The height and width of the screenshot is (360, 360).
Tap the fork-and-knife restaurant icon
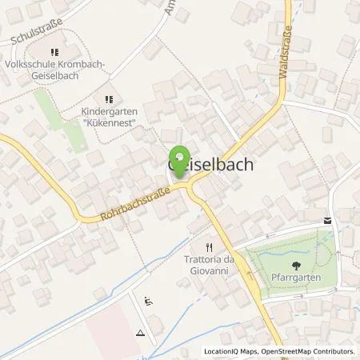pos(210,247)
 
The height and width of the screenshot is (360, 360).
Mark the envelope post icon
pos(327,220)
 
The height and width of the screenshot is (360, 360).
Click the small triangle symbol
pos(141,332)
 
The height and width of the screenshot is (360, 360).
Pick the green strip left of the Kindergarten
pos(64,128)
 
